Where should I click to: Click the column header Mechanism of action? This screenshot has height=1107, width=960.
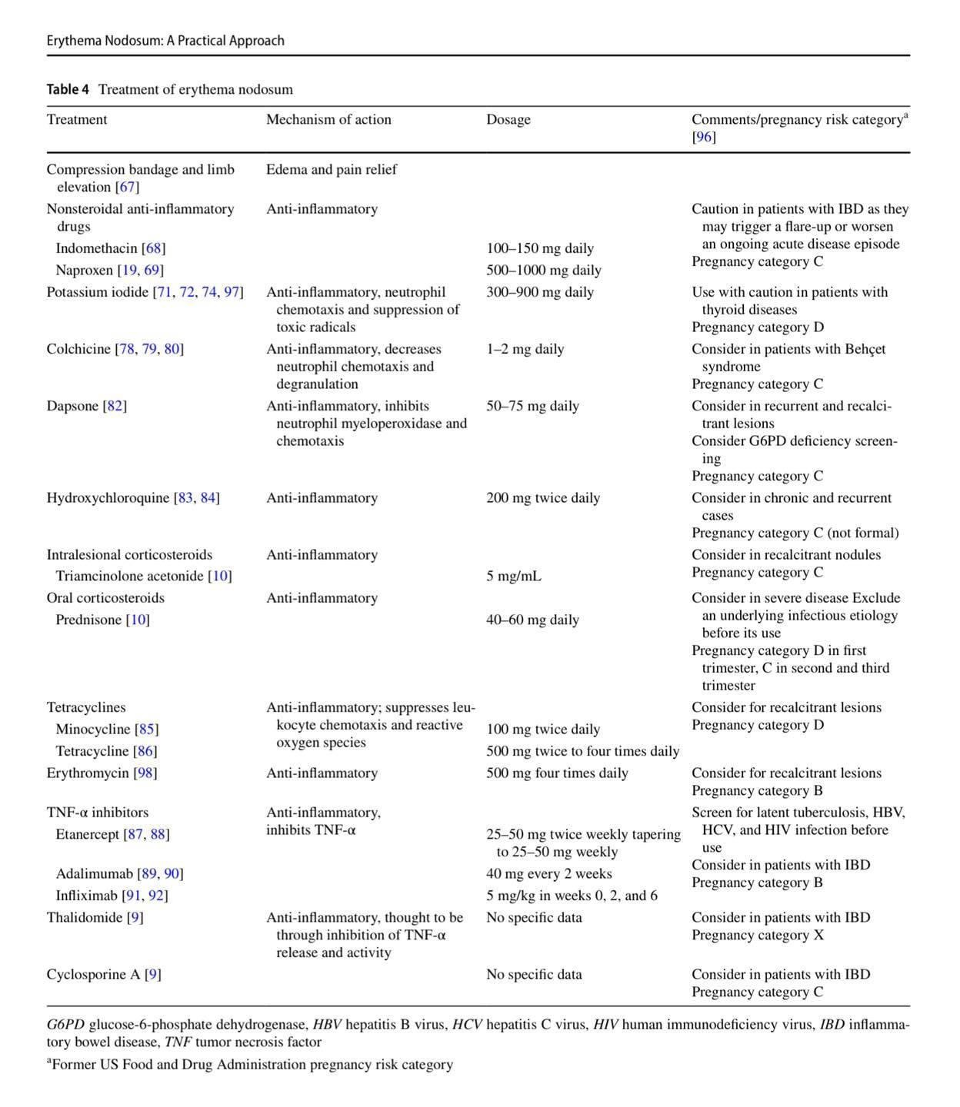[328, 119]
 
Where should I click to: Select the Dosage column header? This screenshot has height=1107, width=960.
[508, 119]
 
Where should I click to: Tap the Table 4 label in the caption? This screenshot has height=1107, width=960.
[68, 89]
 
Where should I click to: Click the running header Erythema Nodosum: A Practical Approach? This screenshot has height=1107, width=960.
[165, 40]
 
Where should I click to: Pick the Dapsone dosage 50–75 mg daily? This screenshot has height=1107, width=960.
[532, 406]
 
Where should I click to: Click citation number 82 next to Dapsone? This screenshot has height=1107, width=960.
[115, 406]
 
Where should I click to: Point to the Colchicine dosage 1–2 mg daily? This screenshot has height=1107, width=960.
[525, 349]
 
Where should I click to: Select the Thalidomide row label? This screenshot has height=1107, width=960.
[84, 917]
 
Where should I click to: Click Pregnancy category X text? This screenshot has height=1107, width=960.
[757, 935]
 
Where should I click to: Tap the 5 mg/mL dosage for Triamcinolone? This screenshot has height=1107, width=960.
[513, 576]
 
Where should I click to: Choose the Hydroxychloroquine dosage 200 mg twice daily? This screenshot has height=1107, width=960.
[542, 498]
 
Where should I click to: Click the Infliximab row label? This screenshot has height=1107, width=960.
[86, 896]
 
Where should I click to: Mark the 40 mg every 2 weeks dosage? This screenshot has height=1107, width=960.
[548, 874]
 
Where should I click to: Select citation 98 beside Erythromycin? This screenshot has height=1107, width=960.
[145, 773]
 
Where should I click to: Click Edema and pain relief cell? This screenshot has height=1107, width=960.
[331, 169]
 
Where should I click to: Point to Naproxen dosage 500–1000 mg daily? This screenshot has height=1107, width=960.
[543, 270]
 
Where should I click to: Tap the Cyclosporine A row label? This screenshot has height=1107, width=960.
[93, 975]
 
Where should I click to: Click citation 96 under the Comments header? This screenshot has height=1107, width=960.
[703, 137]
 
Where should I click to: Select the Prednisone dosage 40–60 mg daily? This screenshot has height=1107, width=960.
[532, 620]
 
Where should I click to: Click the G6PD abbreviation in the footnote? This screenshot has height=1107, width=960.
[65, 1025]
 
